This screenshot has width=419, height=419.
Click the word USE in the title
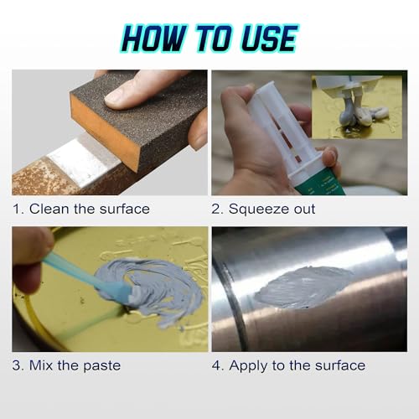tap(266, 38)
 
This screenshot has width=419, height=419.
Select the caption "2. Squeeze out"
tap(263, 209)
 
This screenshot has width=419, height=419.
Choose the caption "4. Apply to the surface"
tap(288, 365)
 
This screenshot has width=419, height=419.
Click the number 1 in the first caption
tap(17, 209)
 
